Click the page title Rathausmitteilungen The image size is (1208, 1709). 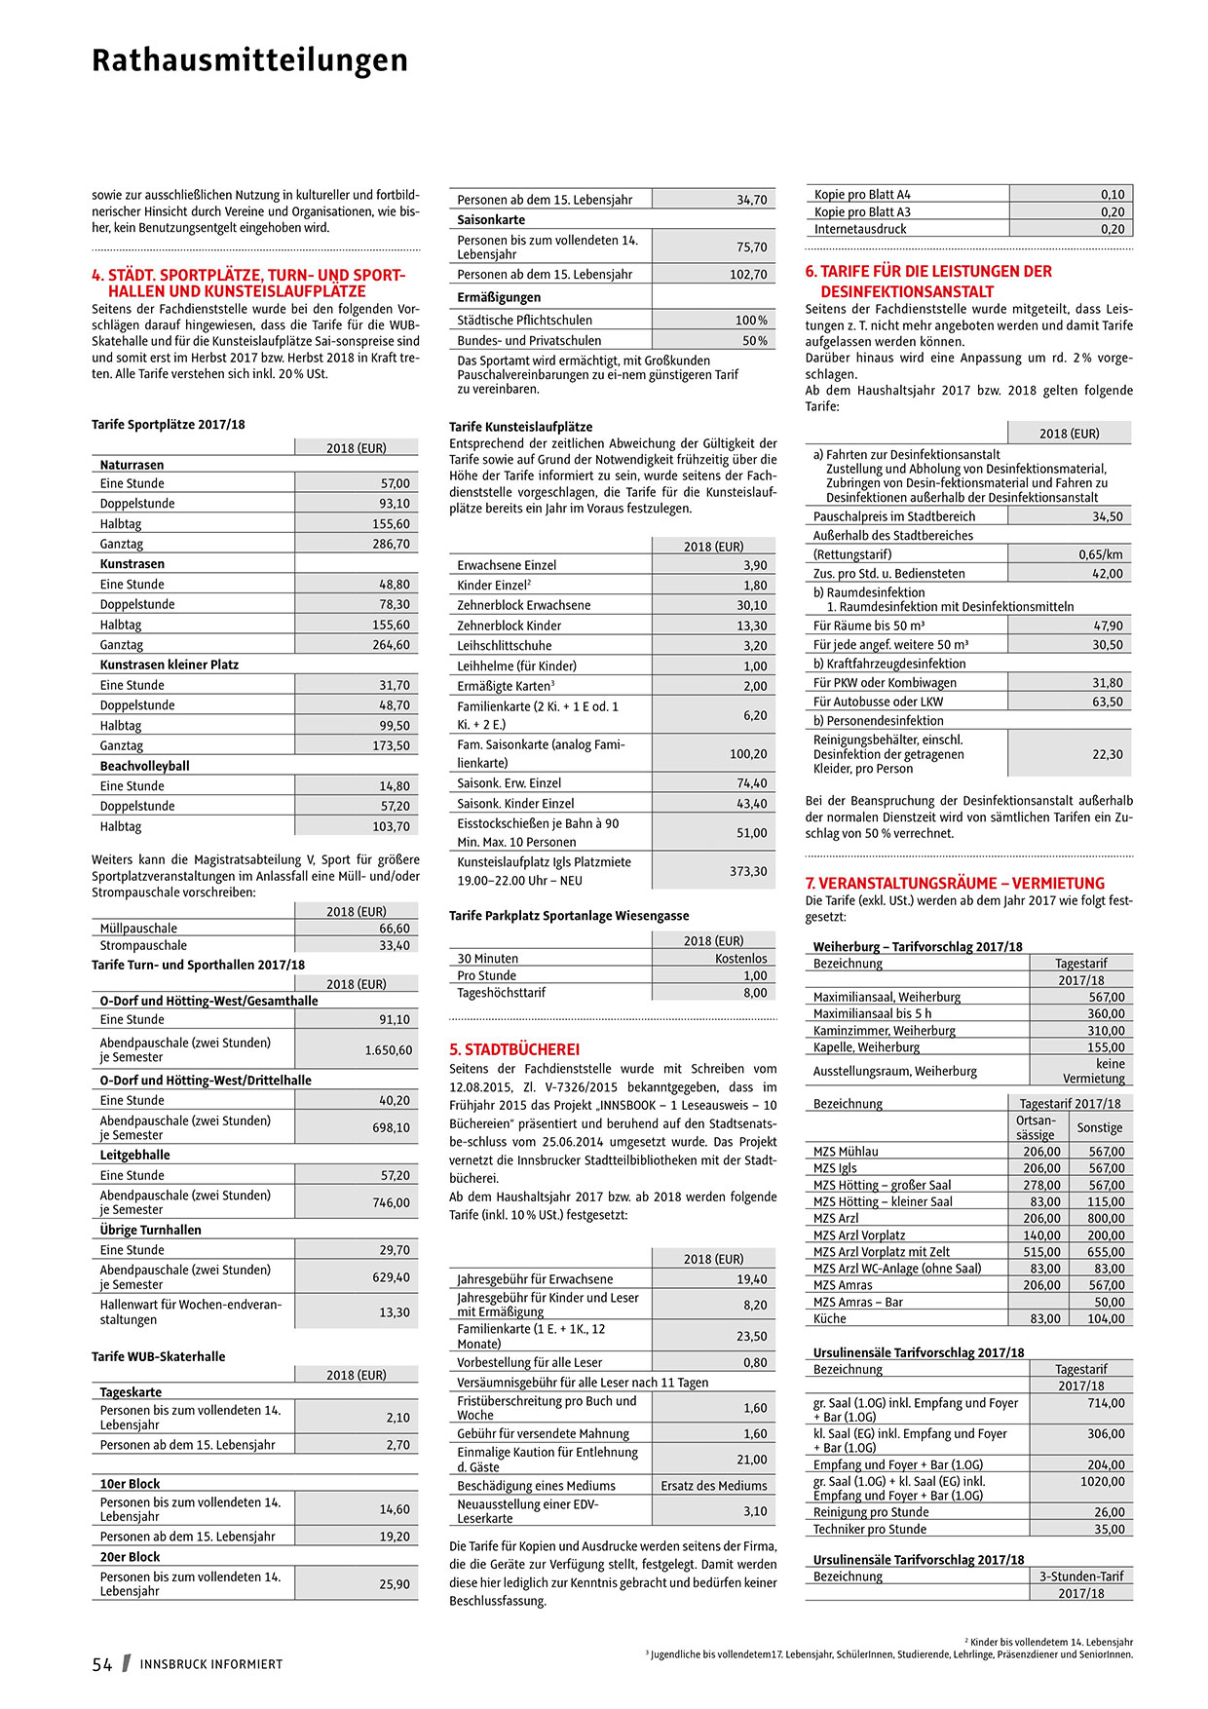[x=249, y=60]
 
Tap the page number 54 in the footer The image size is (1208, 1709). [x=102, y=1664]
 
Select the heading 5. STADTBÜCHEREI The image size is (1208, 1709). [x=514, y=1049]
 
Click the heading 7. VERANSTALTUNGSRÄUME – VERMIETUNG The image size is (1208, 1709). [x=955, y=883]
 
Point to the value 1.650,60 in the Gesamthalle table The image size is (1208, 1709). [x=388, y=1050]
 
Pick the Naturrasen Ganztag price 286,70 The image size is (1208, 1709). [x=391, y=544]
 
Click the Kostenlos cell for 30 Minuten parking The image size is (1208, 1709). [x=740, y=959]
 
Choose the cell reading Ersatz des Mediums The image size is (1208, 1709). [x=713, y=1486]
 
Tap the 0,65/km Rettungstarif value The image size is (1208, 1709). [x=1100, y=554]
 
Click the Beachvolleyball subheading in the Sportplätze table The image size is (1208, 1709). [x=145, y=766]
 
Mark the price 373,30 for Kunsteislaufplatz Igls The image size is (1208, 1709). [x=748, y=871]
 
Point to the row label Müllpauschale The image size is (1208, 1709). [x=138, y=929]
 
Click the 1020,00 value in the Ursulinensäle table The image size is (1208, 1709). [x=1102, y=1482]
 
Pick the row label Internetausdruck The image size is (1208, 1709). [x=860, y=229]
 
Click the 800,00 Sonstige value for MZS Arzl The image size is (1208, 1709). [x=1106, y=1218]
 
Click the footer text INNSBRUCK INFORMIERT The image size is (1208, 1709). [x=211, y=1664]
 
